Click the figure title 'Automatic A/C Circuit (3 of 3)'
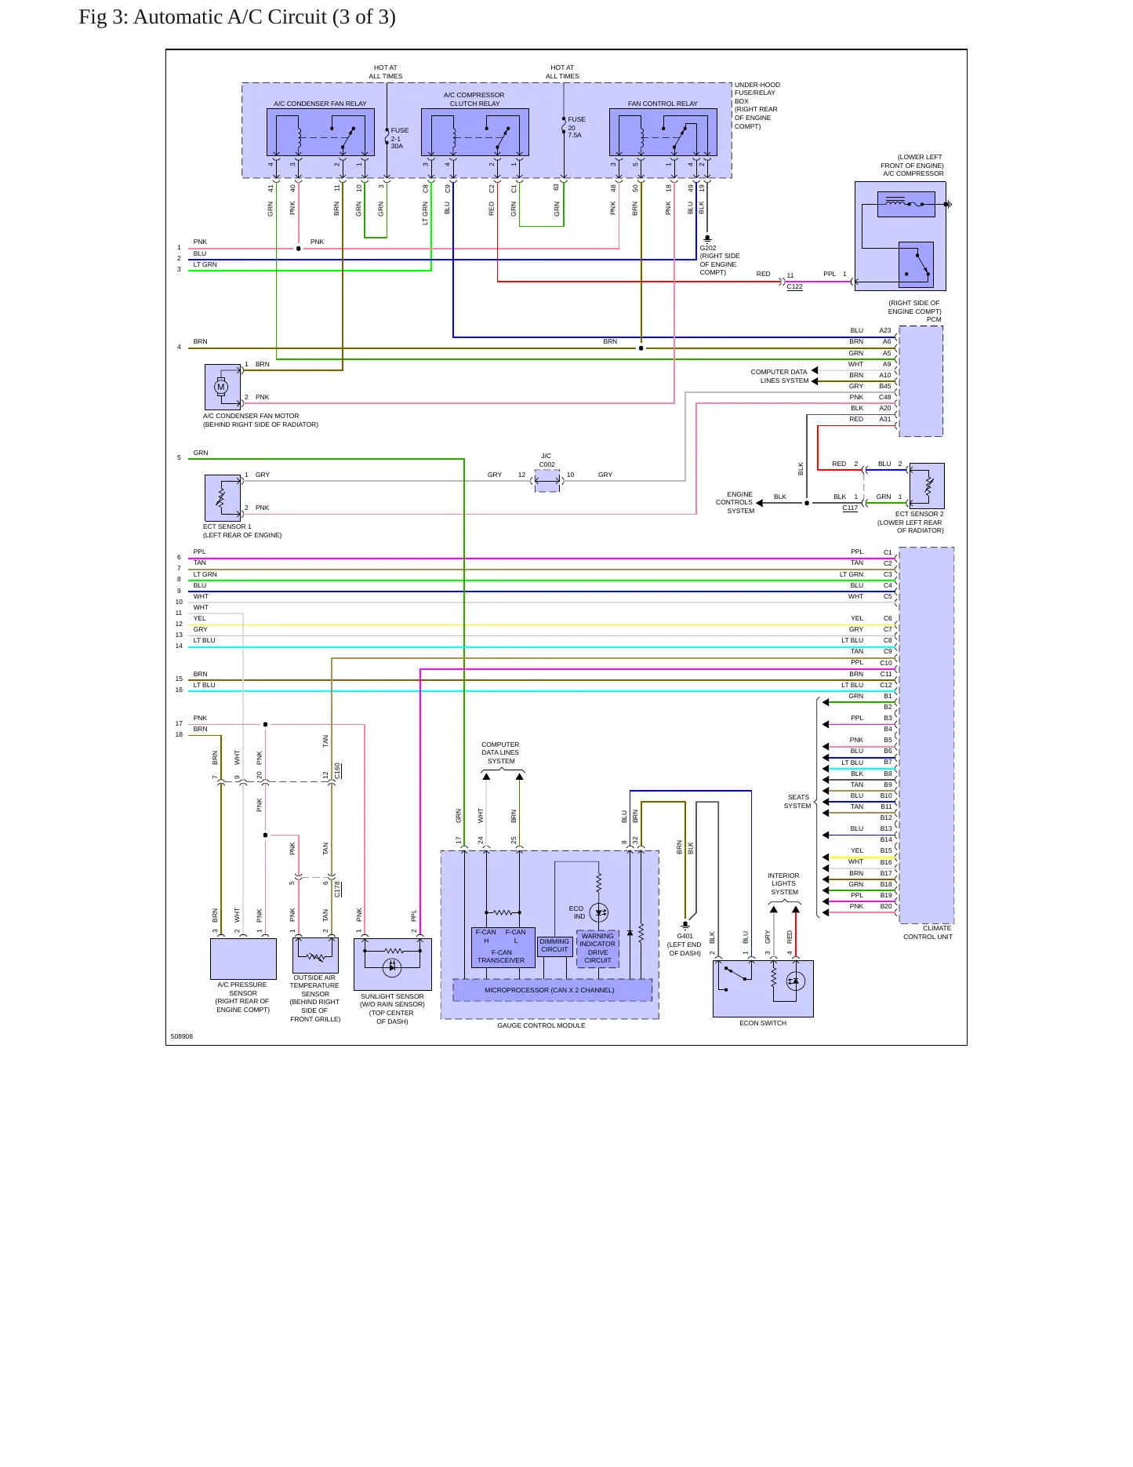click(x=264, y=17)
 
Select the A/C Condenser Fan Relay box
click(x=320, y=132)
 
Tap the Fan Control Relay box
click(x=663, y=132)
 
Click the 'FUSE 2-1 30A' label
click(x=399, y=138)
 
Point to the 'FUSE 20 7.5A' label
click(x=576, y=127)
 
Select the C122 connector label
click(x=794, y=286)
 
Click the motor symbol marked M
click(x=221, y=387)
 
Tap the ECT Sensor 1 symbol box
click(x=223, y=497)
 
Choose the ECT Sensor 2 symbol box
click(x=927, y=486)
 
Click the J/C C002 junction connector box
click(x=547, y=481)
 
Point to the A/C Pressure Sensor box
click(x=243, y=959)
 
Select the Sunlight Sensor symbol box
click(x=392, y=964)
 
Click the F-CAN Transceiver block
click(x=503, y=947)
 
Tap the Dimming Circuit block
click(x=554, y=945)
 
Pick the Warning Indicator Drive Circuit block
click(x=597, y=948)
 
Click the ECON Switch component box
click(x=763, y=988)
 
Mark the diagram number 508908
click(x=182, y=1036)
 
